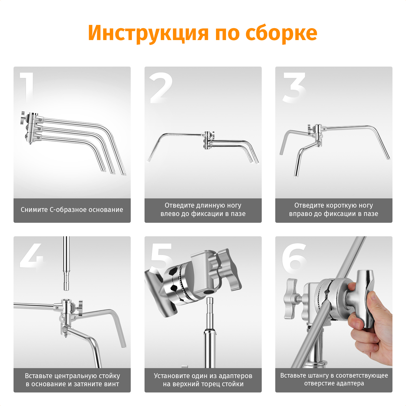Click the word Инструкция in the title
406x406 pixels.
pyautogui.click(x=148, y=33)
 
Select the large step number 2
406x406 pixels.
pyautogui.click(x=161, y=88)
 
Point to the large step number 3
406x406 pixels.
pyautogui.click(x=294, y=88)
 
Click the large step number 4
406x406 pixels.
pyautogui.click(x=31, y=256)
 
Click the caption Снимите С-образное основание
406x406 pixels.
pyautogui.click(x=72, y=210)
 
